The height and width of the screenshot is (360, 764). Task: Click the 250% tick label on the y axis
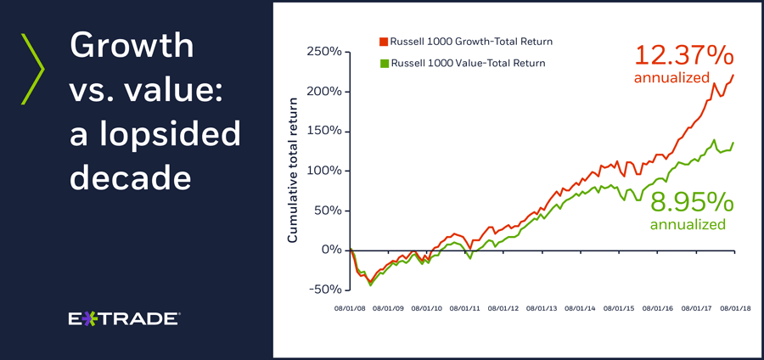click(x=324, y=52)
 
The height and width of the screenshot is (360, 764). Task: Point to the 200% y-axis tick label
click(x=324, y=92)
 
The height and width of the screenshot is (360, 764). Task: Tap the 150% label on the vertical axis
click(x=324, y=132)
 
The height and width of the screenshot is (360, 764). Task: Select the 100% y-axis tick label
click(x=324, y=171)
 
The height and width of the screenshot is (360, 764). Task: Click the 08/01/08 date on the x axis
click(x=350, y=309)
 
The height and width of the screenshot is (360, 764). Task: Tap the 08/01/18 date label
click(x=733, y=309)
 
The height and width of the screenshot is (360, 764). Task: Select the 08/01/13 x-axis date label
click(x=542, y=309)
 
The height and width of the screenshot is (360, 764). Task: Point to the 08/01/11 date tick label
click(x=465, y=309)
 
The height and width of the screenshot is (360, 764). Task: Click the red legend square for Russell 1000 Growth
click(x=383, y=41)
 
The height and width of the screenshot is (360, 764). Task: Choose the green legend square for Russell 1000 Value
click(x=383, y=63)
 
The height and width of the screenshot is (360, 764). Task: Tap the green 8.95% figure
click(x=691, y=203)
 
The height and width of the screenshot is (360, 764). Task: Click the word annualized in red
click(x=671, y=78)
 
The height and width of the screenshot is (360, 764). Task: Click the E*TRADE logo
click(x=123, y=319)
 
